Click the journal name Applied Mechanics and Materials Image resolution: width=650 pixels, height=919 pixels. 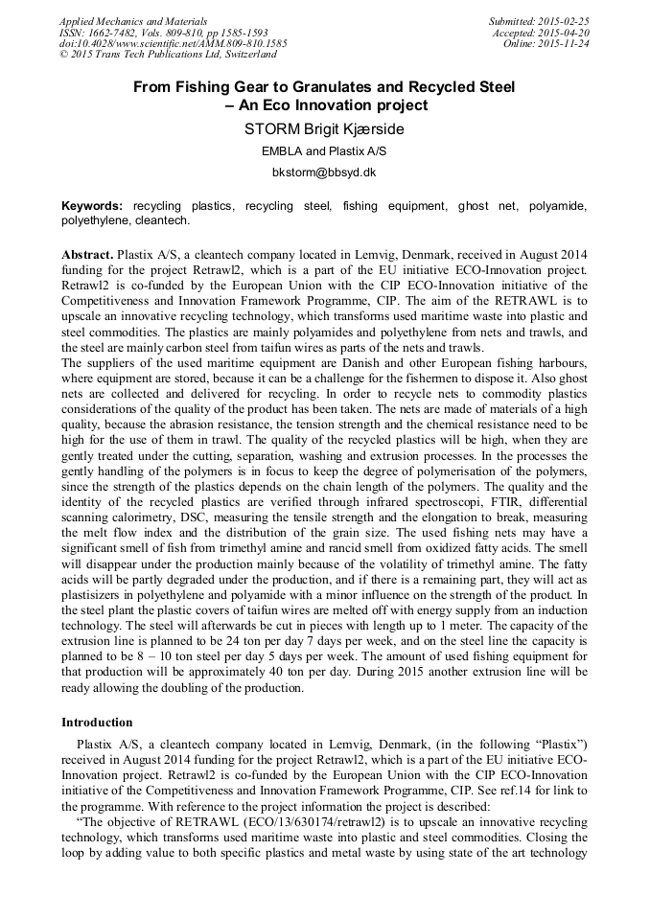tap(133, 20)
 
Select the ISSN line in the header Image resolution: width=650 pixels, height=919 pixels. tap(164, 32)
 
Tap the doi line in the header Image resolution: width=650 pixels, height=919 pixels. tap(173, 43)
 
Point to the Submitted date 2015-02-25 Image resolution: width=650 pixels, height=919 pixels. tap(539, 20)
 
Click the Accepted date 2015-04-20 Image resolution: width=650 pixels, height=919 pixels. tap(542, 32)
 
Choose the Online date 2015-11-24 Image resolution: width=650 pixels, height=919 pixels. tap(546, 43)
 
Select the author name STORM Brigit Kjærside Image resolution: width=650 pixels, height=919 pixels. tap(324, 128)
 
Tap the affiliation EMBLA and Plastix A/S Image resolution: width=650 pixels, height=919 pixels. tap(324, 151)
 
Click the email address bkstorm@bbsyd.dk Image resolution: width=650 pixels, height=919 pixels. tap(324, 173)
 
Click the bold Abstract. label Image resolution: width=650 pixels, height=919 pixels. tap(86, 255)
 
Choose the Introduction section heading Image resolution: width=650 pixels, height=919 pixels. tap(97, 722)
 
